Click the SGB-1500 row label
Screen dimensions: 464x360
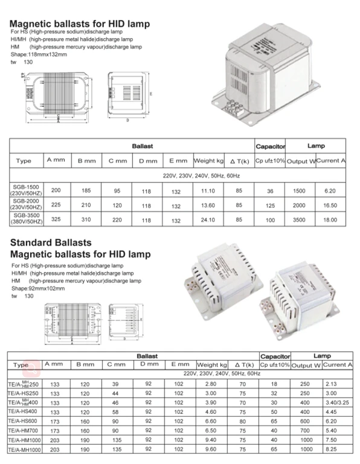[x=24, y=189]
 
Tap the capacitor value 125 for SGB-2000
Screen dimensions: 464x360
[x=270, y=205]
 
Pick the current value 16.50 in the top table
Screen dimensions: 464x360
[x=330, y=205]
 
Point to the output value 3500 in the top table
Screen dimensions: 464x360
[x=300, y=220]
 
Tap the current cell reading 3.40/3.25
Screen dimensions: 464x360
[x=335, y=402]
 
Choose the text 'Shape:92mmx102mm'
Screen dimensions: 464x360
[x=36, y=289]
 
